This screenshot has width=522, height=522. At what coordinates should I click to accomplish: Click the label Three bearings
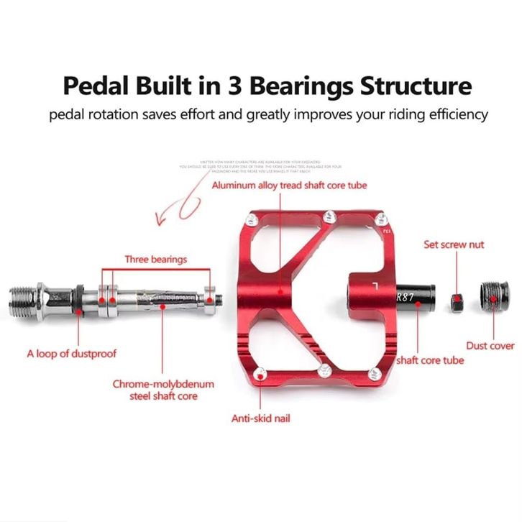click(155, 259)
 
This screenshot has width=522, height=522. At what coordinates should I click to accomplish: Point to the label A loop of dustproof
click(71, 354)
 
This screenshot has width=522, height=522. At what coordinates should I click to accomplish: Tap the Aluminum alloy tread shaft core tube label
click(289, 185)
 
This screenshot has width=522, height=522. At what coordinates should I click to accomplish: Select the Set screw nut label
click(454, 244)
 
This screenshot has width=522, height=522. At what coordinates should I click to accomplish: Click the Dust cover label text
click(490, 346)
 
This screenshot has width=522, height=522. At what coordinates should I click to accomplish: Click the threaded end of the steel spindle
click(27, 296)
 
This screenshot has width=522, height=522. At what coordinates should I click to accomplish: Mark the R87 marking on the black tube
click(405, 294)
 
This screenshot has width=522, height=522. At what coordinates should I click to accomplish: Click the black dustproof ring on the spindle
click(78, 296)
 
